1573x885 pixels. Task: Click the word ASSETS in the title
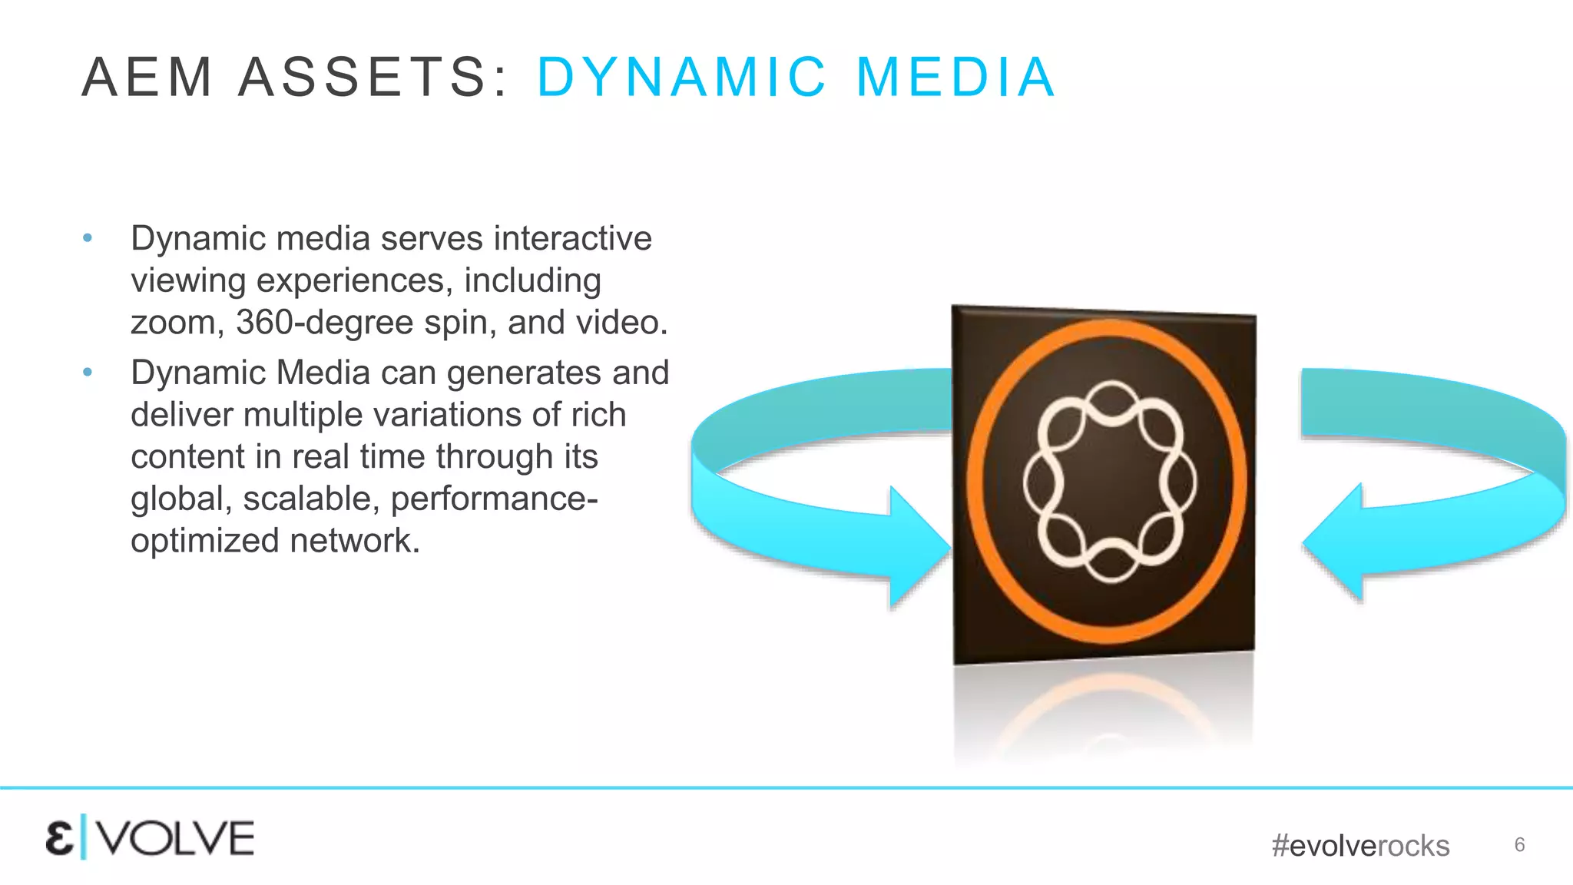(373, 78)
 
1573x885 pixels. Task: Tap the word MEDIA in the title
(956, 78)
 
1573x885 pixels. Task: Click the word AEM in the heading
(147, 78)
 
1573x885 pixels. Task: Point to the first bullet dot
(88, 238)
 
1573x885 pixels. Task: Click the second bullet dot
(88, 373)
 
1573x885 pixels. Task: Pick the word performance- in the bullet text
(495, 499)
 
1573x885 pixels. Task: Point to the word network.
(355, 541)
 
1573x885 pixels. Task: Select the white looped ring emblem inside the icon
(1109, 482)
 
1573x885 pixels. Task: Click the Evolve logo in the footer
(150, 838)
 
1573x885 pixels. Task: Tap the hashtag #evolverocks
(1360, 846)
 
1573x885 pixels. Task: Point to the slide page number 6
(1519, 845)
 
